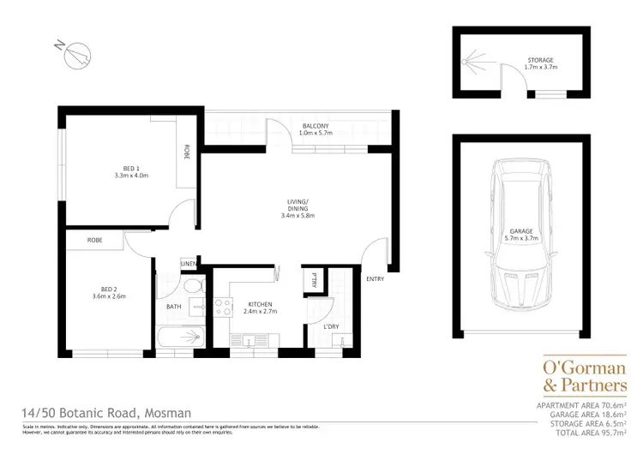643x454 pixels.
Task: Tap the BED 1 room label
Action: pos(131,168)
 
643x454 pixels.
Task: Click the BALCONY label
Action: pos(315,127)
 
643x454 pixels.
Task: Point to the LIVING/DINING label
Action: pos(298,204)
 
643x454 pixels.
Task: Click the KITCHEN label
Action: pos(260,304)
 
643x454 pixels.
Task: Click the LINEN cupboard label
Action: pos(189,263)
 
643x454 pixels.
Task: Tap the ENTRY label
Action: pos(375,279)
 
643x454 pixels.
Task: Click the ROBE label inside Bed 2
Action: pos(94,241)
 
